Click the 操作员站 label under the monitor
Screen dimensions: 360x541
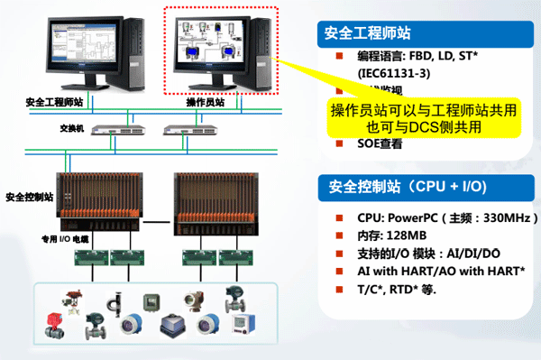(206, 102)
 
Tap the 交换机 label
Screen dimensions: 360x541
(72, 128)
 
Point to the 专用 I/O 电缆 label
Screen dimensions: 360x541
(63, 240)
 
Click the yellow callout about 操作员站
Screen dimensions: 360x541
(424, 118)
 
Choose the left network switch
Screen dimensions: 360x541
(122, 130)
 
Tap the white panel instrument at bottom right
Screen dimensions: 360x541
(241, 322)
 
